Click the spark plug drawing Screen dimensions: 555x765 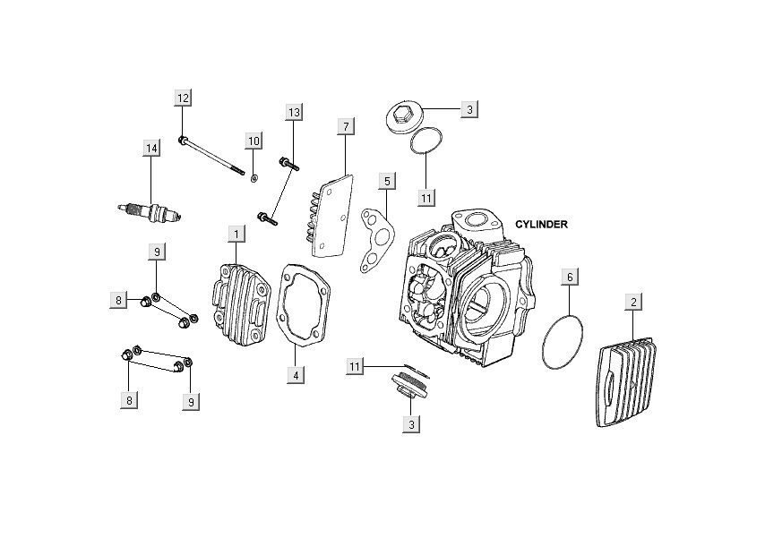pos(150,212)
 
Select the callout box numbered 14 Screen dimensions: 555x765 pos(151,148)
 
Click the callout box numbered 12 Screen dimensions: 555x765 pos(183,98)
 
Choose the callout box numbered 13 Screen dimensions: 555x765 pos(294,112)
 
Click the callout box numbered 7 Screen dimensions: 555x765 pos(345,126)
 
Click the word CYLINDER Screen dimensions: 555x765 pos(541,224)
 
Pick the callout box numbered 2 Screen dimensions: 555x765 pos(633,302)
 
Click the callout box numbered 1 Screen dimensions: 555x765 pos(236,235)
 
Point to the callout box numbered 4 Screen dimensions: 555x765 pos(295,375)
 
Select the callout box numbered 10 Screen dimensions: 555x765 pos(254,141)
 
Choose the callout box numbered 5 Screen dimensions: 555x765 pos(386,182)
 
